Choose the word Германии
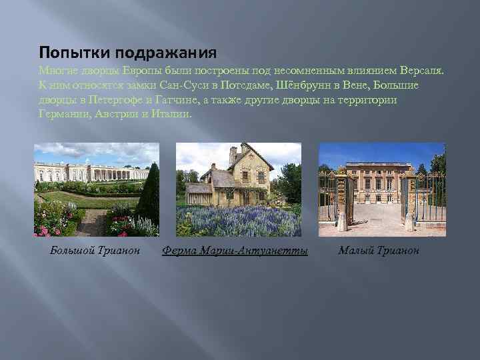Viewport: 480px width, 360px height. pos(63,114)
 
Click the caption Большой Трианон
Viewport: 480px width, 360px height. pos(95,251)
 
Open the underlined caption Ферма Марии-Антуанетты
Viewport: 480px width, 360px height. pos(235,251)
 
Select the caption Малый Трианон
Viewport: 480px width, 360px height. pos(379,251)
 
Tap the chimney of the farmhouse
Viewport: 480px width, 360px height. pos(233,156)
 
